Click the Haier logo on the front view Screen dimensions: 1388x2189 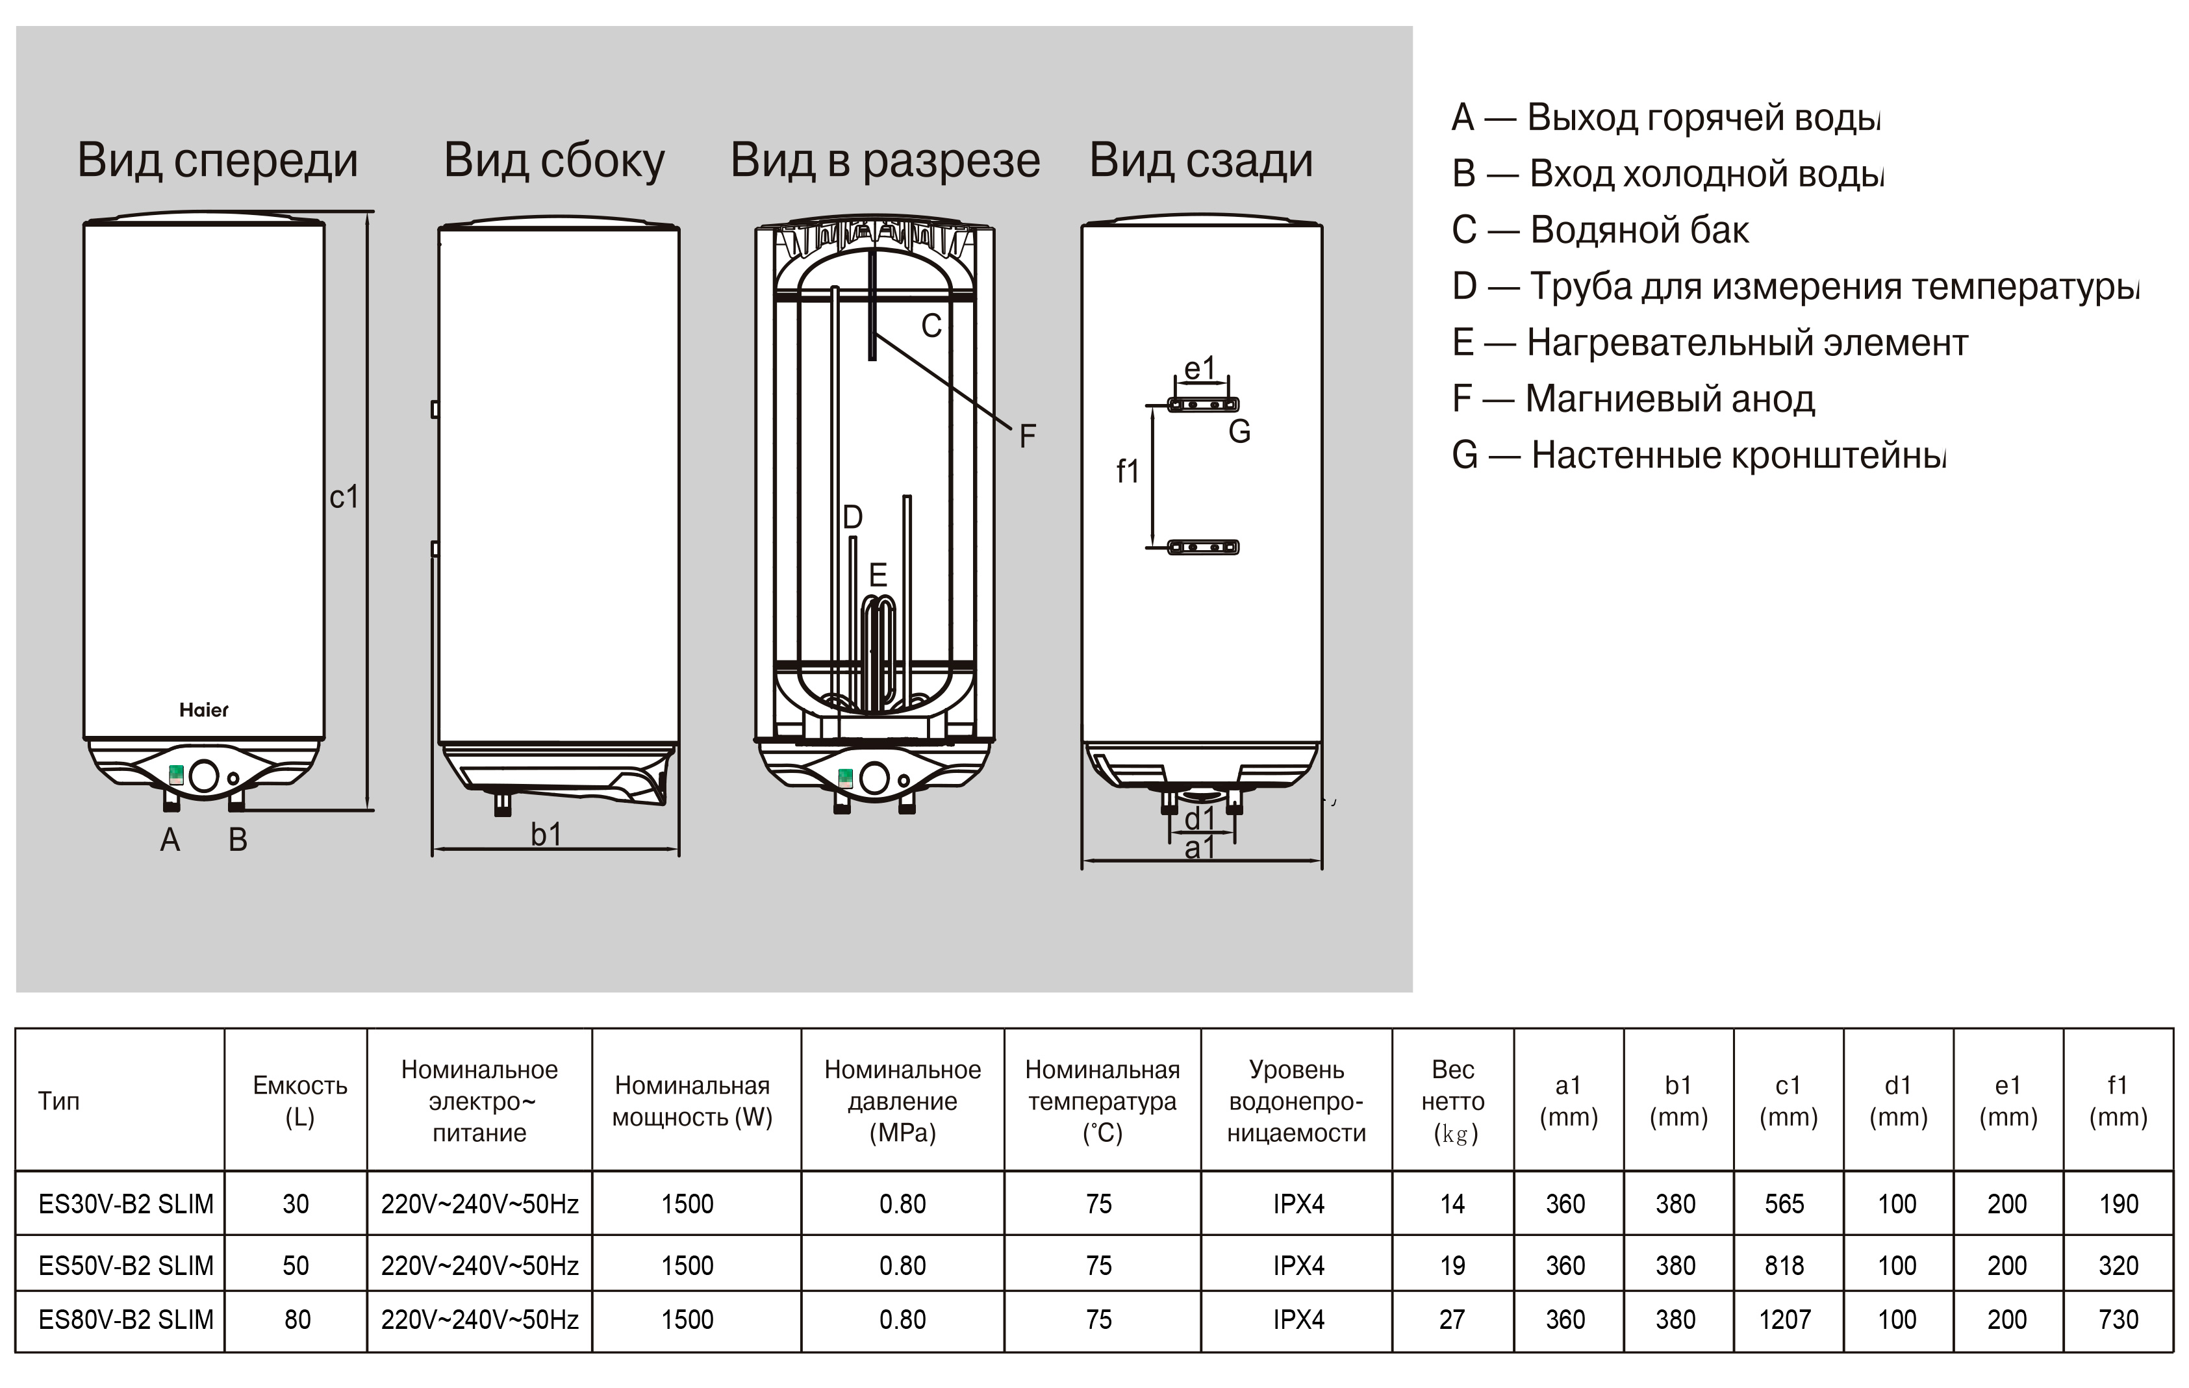pyautogui.click(x=203, y=710)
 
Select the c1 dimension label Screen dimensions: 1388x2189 pyautogui.click(x=344, y=498)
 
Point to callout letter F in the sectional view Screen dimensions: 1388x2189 pyautogui.click(x=1027, y=436)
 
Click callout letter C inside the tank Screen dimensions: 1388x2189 pyautogui.click(x=931, y=325)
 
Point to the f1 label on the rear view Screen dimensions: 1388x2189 pyautogui.click(x=1127, y=472)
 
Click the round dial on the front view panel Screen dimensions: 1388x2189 pyautogui.click(x=203, y=777)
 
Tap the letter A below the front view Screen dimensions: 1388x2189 pyautogui.click(x=170, y=840)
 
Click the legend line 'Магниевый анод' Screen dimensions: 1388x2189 pyautogui.click(x=1634, y=399)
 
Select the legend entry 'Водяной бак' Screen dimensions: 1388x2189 pyautogui.click(x=1600, y=230)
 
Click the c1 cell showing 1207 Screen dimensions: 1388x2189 pyautogui.click(x=1784, y=1319)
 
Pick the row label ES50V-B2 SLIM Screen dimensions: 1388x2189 pyautogui.click(x=125, y=1265)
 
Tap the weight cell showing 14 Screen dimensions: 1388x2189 pyautogui.click(x=1452, y=1204)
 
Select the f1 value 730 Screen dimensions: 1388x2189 pyautogui.click(x=2118, y=1319)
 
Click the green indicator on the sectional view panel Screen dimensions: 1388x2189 pyautogui.click(x=844, y=777)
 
